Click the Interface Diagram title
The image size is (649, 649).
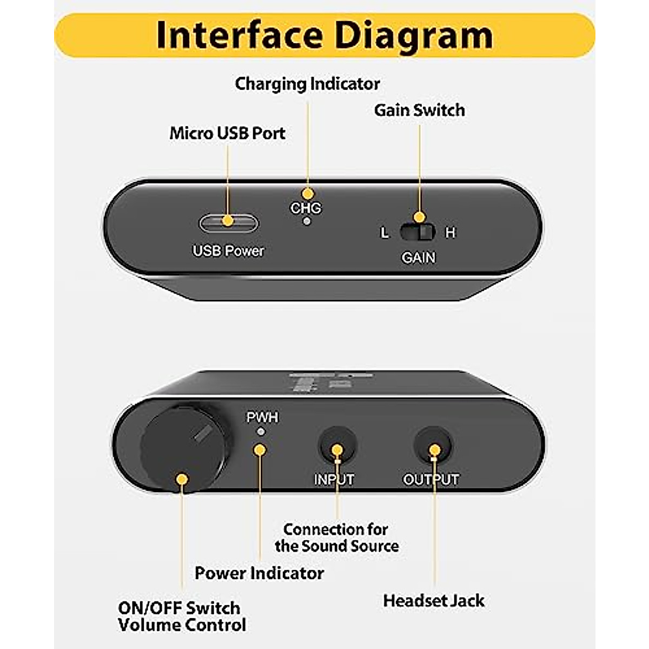[x=325, y=35]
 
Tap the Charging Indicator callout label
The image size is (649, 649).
[x=307, y=84]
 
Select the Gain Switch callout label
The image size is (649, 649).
[x=419, y=110]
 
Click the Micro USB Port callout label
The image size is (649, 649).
[x=227, y=133]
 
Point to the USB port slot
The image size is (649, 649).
[x=228, y=222]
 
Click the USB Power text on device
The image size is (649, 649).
[x=228, y=251]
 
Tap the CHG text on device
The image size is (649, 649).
[x=306, y=208]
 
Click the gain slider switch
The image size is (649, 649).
[x=418, y=232]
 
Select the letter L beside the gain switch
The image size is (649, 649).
[x=385, y=233]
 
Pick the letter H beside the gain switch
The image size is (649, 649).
[x=450, y=233]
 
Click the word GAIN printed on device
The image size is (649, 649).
[x=418, y=257]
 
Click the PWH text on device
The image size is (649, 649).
[x=262, y=418]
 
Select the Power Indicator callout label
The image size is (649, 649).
[x=259, y=573]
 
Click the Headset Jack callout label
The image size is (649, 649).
[x=433, y=600]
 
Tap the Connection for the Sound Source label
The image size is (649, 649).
[x=336, y=537]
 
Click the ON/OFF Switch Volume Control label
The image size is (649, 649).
[x=182, y=616]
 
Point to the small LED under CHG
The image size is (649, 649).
[x=307, y=221]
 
